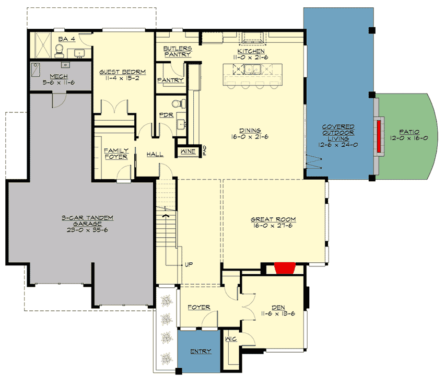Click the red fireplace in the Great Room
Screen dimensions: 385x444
[283, 268]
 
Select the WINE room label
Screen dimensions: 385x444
[188, 151]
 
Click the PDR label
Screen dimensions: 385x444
[165, 115]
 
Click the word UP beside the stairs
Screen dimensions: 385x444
[189, 264]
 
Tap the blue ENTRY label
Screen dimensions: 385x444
[201, 351]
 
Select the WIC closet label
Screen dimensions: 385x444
[231, 339]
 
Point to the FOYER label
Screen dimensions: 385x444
[199, 308]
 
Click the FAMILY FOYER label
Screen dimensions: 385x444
[115, 154]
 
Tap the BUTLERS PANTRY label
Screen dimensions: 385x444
[177, 51]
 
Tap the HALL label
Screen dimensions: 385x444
[155, 155]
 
